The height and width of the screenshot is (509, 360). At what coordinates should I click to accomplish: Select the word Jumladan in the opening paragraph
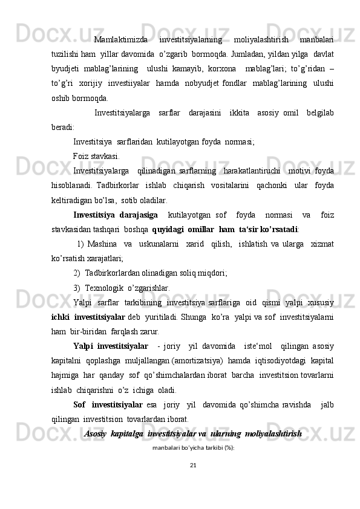[x=262, y=54]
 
